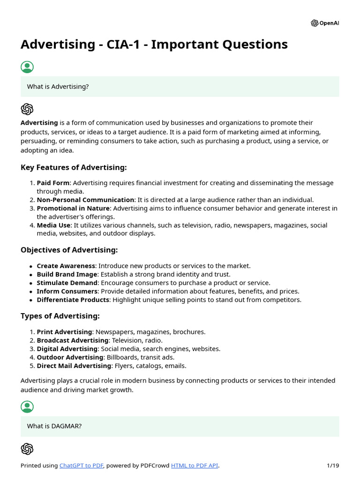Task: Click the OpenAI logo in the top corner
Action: point(324,23)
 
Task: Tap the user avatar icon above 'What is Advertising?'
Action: point(27,67)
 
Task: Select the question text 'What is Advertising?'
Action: point(58,87)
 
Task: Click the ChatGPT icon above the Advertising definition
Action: point(27,109)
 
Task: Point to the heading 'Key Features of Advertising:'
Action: point(74,167)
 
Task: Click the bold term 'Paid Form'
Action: point(53,183)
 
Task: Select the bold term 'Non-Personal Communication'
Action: point(85,200)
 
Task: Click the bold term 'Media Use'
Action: point(53,225)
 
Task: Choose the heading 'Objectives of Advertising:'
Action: point(69,250)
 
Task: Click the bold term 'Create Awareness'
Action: point(66,266)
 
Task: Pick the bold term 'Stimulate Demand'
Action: point(67,283)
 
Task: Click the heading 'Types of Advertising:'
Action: point(60,316)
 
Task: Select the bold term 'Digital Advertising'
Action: point(67,349)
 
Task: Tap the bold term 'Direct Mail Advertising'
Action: point(74,366)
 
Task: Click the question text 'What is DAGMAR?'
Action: point(54,426)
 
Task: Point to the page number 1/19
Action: point(332,465)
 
